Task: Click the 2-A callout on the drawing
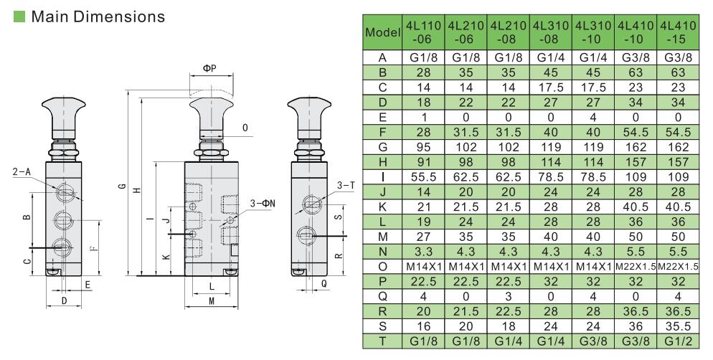(22, 172)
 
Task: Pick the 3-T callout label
(346, 186)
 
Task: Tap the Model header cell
(382, 32)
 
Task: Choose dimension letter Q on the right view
(324, 283)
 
